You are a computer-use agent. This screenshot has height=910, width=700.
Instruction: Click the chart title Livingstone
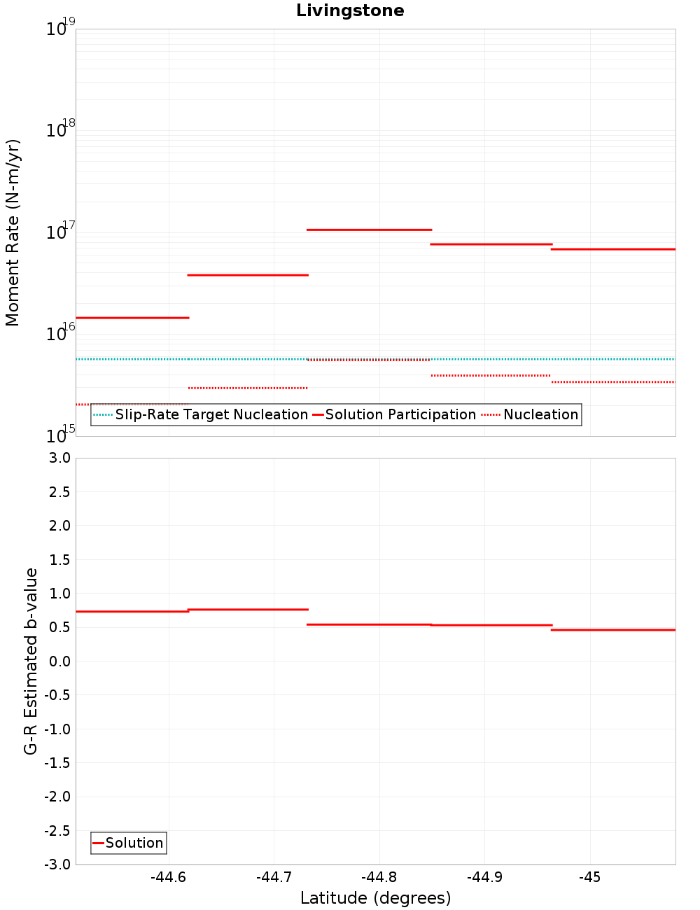[350, 10]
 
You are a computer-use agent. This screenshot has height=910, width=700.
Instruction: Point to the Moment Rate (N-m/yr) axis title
[13, 232]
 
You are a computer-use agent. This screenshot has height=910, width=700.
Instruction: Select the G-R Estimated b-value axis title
[31, 661]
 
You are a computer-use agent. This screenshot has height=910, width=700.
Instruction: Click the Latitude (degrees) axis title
[375, 898]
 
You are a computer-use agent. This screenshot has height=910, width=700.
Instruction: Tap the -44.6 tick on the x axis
[169, 878]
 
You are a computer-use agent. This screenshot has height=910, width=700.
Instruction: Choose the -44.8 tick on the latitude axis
[379, 878]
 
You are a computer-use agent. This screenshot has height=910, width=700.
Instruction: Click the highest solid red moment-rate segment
[369, 230]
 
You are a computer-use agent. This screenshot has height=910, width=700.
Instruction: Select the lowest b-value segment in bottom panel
[612, 630]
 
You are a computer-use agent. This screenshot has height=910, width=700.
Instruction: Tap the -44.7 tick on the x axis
[274, 878]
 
